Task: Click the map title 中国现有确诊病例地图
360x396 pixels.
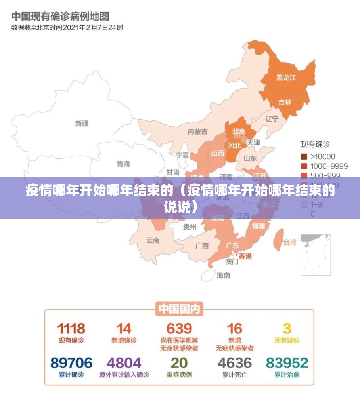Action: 60,17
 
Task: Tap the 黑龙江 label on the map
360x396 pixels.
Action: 286,78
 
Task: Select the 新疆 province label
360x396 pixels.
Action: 82,124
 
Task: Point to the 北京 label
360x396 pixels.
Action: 239,131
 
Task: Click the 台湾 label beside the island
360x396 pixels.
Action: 289,242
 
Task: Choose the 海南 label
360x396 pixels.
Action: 223,275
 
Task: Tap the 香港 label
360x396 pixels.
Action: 245,256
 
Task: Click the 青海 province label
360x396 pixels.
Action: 123,164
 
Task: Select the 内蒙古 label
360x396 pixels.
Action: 197,132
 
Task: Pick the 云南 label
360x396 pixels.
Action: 153,240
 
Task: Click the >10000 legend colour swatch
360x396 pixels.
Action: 304,156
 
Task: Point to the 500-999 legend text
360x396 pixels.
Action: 325,175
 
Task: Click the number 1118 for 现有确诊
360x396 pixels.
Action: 71,328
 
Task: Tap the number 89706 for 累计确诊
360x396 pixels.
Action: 71,363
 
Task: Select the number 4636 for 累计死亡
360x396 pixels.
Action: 235,363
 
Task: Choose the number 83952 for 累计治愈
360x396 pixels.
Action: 287,363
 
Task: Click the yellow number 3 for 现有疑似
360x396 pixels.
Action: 287,328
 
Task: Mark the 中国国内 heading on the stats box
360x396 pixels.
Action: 180,308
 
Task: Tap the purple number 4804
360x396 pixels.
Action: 124,363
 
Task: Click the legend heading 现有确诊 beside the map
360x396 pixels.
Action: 315,144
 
